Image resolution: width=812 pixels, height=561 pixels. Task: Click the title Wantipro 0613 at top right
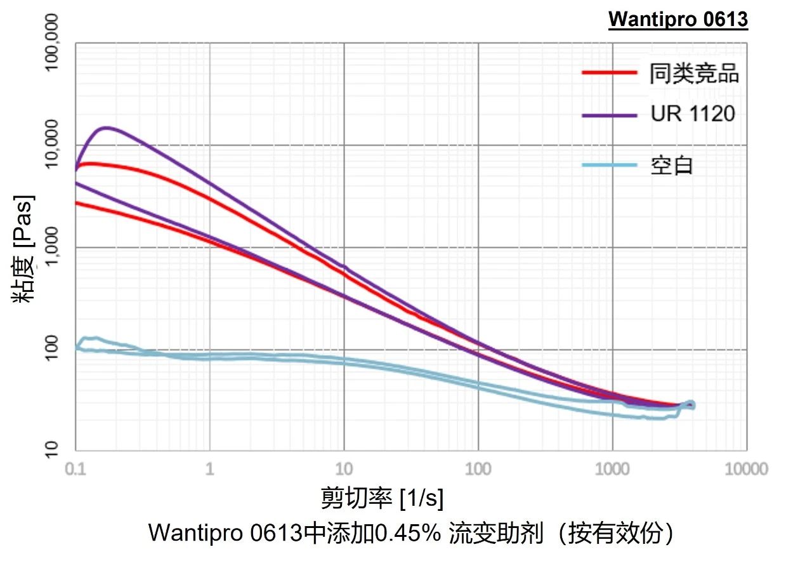[x=678, y=20]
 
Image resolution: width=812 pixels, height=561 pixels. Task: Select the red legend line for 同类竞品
[x=609, y=73]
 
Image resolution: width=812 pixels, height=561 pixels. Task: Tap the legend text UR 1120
[x=693, y=114]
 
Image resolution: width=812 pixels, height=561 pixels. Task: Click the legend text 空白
[x=672, y=166]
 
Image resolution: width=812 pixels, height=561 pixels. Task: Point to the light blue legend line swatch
[x=609, y=166]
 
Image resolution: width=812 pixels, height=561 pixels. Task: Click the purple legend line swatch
[x=609, y=115]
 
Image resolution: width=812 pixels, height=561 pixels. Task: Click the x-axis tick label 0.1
[x=76, y=470]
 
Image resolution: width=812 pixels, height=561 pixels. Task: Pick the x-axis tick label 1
[x=210, y=470]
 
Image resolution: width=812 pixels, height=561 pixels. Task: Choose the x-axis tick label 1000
[x=612, y=470]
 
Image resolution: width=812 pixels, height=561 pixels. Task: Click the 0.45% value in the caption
[x=408, y=533]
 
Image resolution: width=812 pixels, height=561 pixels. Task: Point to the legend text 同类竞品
[x=694, y=74]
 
